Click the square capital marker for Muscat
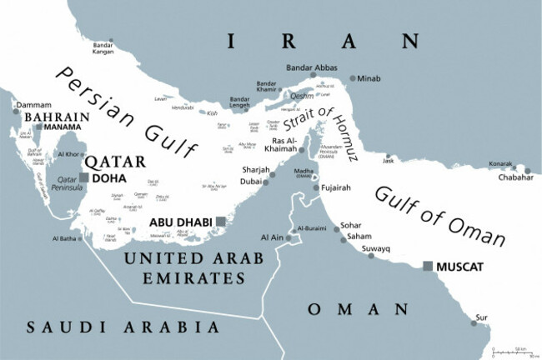428,266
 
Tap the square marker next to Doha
83,177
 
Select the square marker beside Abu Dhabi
220,222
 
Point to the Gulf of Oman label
439,216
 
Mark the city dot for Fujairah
316,187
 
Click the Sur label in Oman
481,317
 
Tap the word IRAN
323,41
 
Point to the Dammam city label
28,106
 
